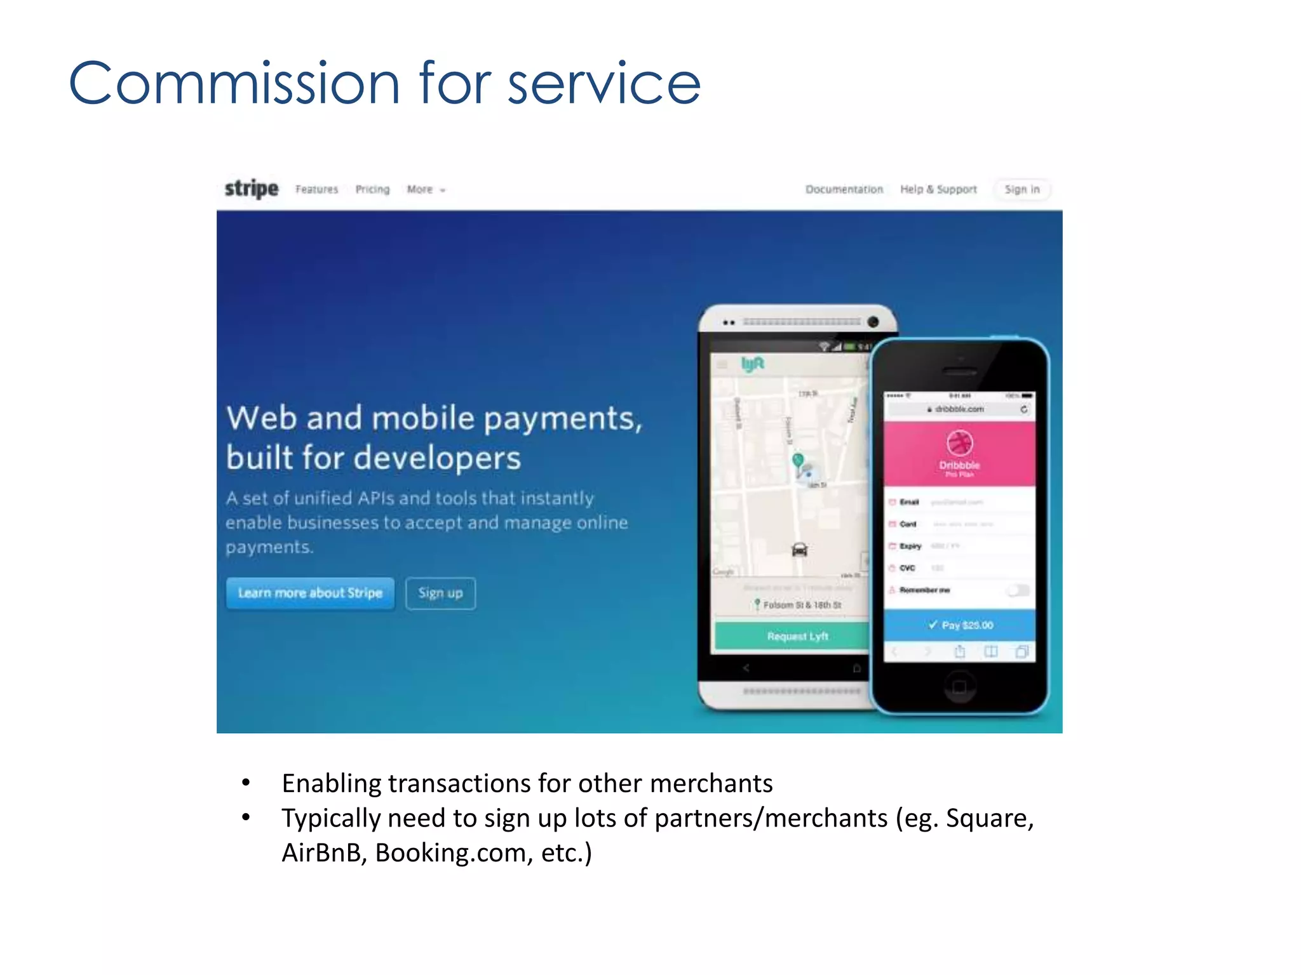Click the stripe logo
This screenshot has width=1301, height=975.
pyautogui.click(x=252, y=189)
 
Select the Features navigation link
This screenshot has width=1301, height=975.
pyautogui.click(x=316, y=189)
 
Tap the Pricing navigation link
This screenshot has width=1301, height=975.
pyautogui.click(x=372, y=189)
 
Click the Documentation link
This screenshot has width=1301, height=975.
pyautogui.click(x=844, y=189)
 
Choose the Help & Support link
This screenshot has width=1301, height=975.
pyautogui.click(x=938, y=189)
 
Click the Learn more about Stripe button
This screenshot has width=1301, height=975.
pyautogui.click(x=310, y=593)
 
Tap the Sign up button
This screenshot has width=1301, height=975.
pyautogui.click(x=440, y=593)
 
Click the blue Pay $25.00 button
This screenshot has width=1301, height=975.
pyautogui.click(x=959, y=625)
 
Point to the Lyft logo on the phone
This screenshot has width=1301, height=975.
pyautogui.click(x=753, y=364)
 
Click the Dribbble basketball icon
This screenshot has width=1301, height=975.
pyautogui.click(x=959, y=442)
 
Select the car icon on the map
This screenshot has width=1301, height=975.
pyautogui.click(x=799, y=549)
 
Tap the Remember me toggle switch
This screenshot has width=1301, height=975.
pyautogui.click(x=1018, y=590)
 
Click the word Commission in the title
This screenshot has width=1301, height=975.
pyautogui.click(x=234, y=83)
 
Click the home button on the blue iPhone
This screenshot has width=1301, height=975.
pyautogui.click(x=959, y=686)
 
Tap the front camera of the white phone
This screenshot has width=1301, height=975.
pyautogui.click(x=873, y=322)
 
